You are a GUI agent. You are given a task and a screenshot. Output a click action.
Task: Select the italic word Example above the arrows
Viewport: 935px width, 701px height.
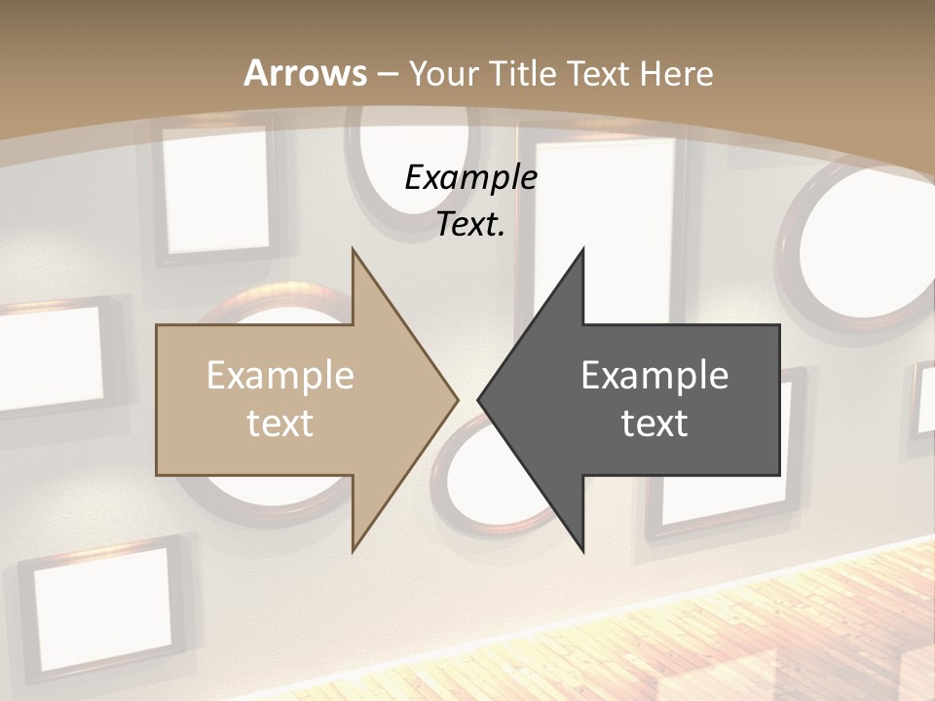(x=470, y=178)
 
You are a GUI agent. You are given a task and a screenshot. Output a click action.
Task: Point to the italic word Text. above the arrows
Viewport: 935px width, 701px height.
(x=470, y=224)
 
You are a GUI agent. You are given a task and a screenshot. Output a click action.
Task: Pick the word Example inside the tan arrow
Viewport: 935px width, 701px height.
(x=280, y=376)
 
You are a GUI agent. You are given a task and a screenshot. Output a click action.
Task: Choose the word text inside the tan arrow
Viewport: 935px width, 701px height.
(x=280, y=424)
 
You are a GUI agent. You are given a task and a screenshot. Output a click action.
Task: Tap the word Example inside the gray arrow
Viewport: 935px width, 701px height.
(x=654, y=376)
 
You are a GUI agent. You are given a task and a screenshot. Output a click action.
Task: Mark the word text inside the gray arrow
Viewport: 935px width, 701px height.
(x=654, y=424)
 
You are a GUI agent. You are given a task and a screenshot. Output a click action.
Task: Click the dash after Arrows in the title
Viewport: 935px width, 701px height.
(x=386, y=74)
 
